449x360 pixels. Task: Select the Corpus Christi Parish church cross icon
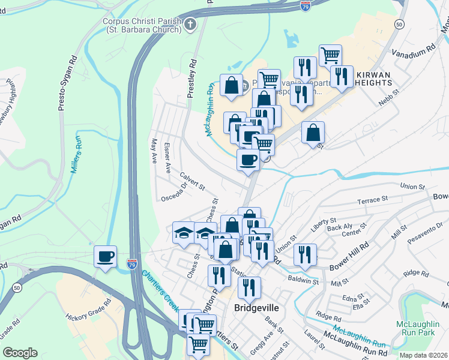[x=190, y=25]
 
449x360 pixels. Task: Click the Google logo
[x=20, y=352]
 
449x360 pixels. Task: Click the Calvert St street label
[x=192, y=180]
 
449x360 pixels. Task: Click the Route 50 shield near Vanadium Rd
[x=399, y=23]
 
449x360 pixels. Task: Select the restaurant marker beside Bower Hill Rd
[x=305, y=254]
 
